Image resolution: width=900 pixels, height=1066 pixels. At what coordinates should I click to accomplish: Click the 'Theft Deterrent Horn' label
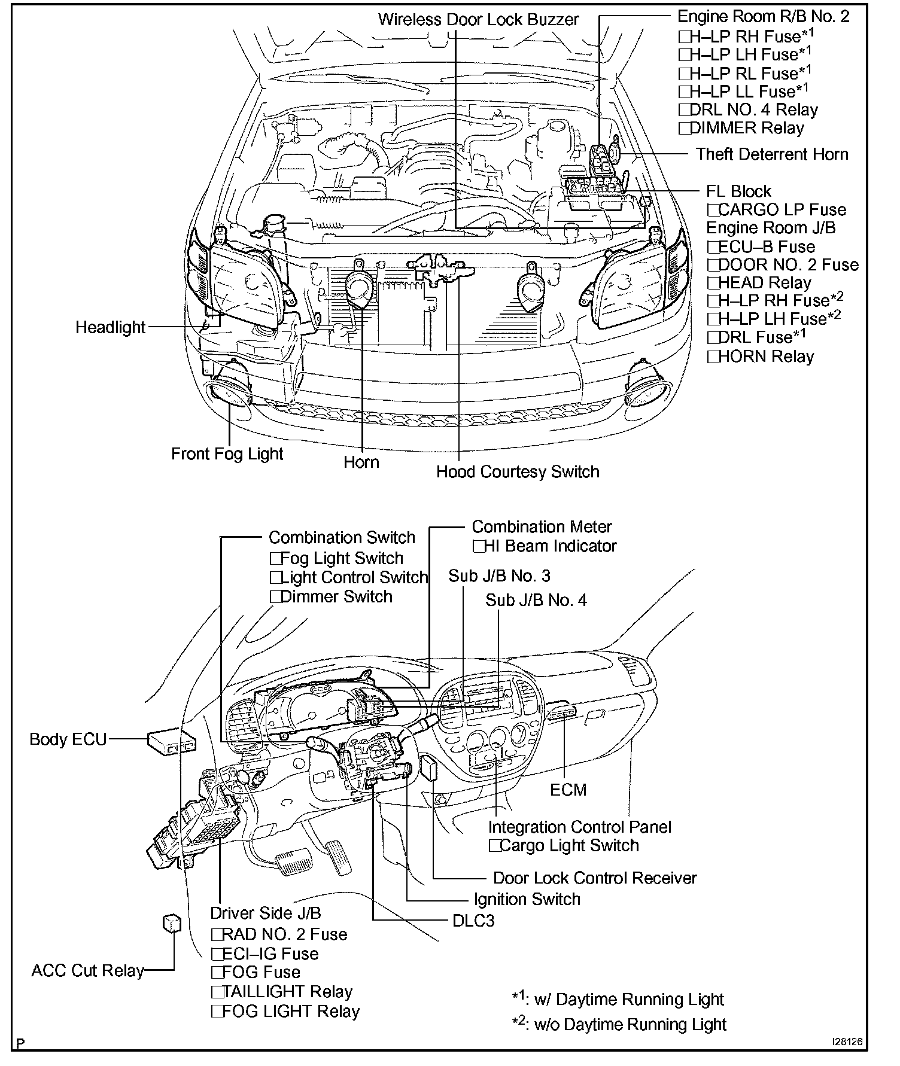pos(771,154)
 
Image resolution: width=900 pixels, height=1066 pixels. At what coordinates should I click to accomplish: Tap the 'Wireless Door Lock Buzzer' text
pos(478,20)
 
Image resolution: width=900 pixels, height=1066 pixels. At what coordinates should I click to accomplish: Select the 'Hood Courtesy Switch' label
pos(518,472)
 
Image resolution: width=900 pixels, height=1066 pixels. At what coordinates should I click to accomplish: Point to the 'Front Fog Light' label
pos(227,454)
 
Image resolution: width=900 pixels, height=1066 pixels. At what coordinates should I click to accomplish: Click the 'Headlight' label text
pos(110,328)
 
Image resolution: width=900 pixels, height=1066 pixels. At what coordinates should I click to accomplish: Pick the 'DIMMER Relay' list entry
pos(746,128)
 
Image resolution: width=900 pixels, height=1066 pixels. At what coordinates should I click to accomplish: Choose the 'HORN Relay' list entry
pos(765,357)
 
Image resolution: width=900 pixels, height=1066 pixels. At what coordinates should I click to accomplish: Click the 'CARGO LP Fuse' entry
pos(781,210)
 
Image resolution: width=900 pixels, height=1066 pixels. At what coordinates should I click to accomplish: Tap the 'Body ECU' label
pos(68,739)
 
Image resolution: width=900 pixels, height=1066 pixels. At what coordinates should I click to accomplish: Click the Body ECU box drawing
pos(172,742)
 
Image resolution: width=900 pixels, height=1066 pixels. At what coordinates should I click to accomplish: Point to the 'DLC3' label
pos(473,921)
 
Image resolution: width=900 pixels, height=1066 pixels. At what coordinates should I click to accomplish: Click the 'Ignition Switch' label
pos(527,900)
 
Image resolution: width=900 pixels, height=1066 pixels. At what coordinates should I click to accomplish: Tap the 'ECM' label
pos(568,790)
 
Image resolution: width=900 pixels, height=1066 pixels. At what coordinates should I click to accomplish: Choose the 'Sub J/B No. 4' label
pos(536,600)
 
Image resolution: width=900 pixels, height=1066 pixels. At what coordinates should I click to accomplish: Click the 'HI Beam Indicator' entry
pos(549,546)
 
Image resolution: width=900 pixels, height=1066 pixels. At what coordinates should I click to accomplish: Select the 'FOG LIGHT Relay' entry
pos(290,1012)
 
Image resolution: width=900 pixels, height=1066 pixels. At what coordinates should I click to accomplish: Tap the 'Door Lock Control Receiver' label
pos(595,878)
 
